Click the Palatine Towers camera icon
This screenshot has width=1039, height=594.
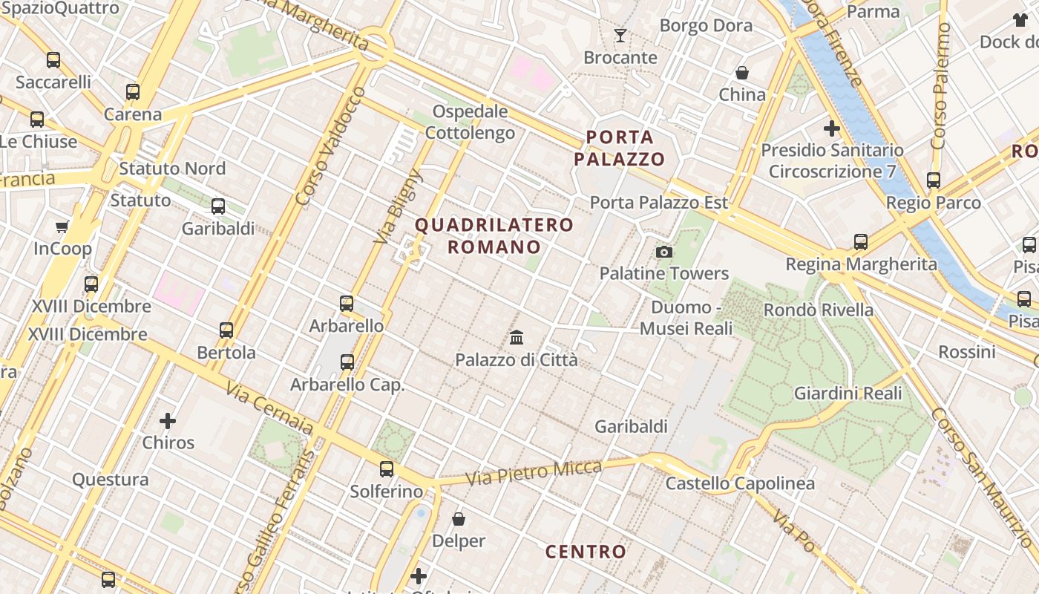664,252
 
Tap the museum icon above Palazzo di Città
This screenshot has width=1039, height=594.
517,338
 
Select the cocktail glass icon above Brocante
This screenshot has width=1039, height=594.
620,35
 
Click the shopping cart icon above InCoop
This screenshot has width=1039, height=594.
62,226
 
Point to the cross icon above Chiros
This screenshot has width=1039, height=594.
168,421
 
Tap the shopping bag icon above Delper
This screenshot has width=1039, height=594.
459,519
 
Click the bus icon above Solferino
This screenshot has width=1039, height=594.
387,469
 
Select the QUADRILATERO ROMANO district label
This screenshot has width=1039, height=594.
494,235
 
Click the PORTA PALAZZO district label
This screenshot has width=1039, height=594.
619,148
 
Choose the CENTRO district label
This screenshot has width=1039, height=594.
586,552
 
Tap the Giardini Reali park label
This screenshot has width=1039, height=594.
848,393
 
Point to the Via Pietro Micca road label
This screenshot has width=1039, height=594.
534,472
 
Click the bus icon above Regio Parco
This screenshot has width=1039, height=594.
934,180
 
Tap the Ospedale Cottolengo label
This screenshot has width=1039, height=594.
470,123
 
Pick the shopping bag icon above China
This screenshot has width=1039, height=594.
741,73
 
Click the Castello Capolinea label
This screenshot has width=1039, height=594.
740,483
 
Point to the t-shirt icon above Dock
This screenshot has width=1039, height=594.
1019,20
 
